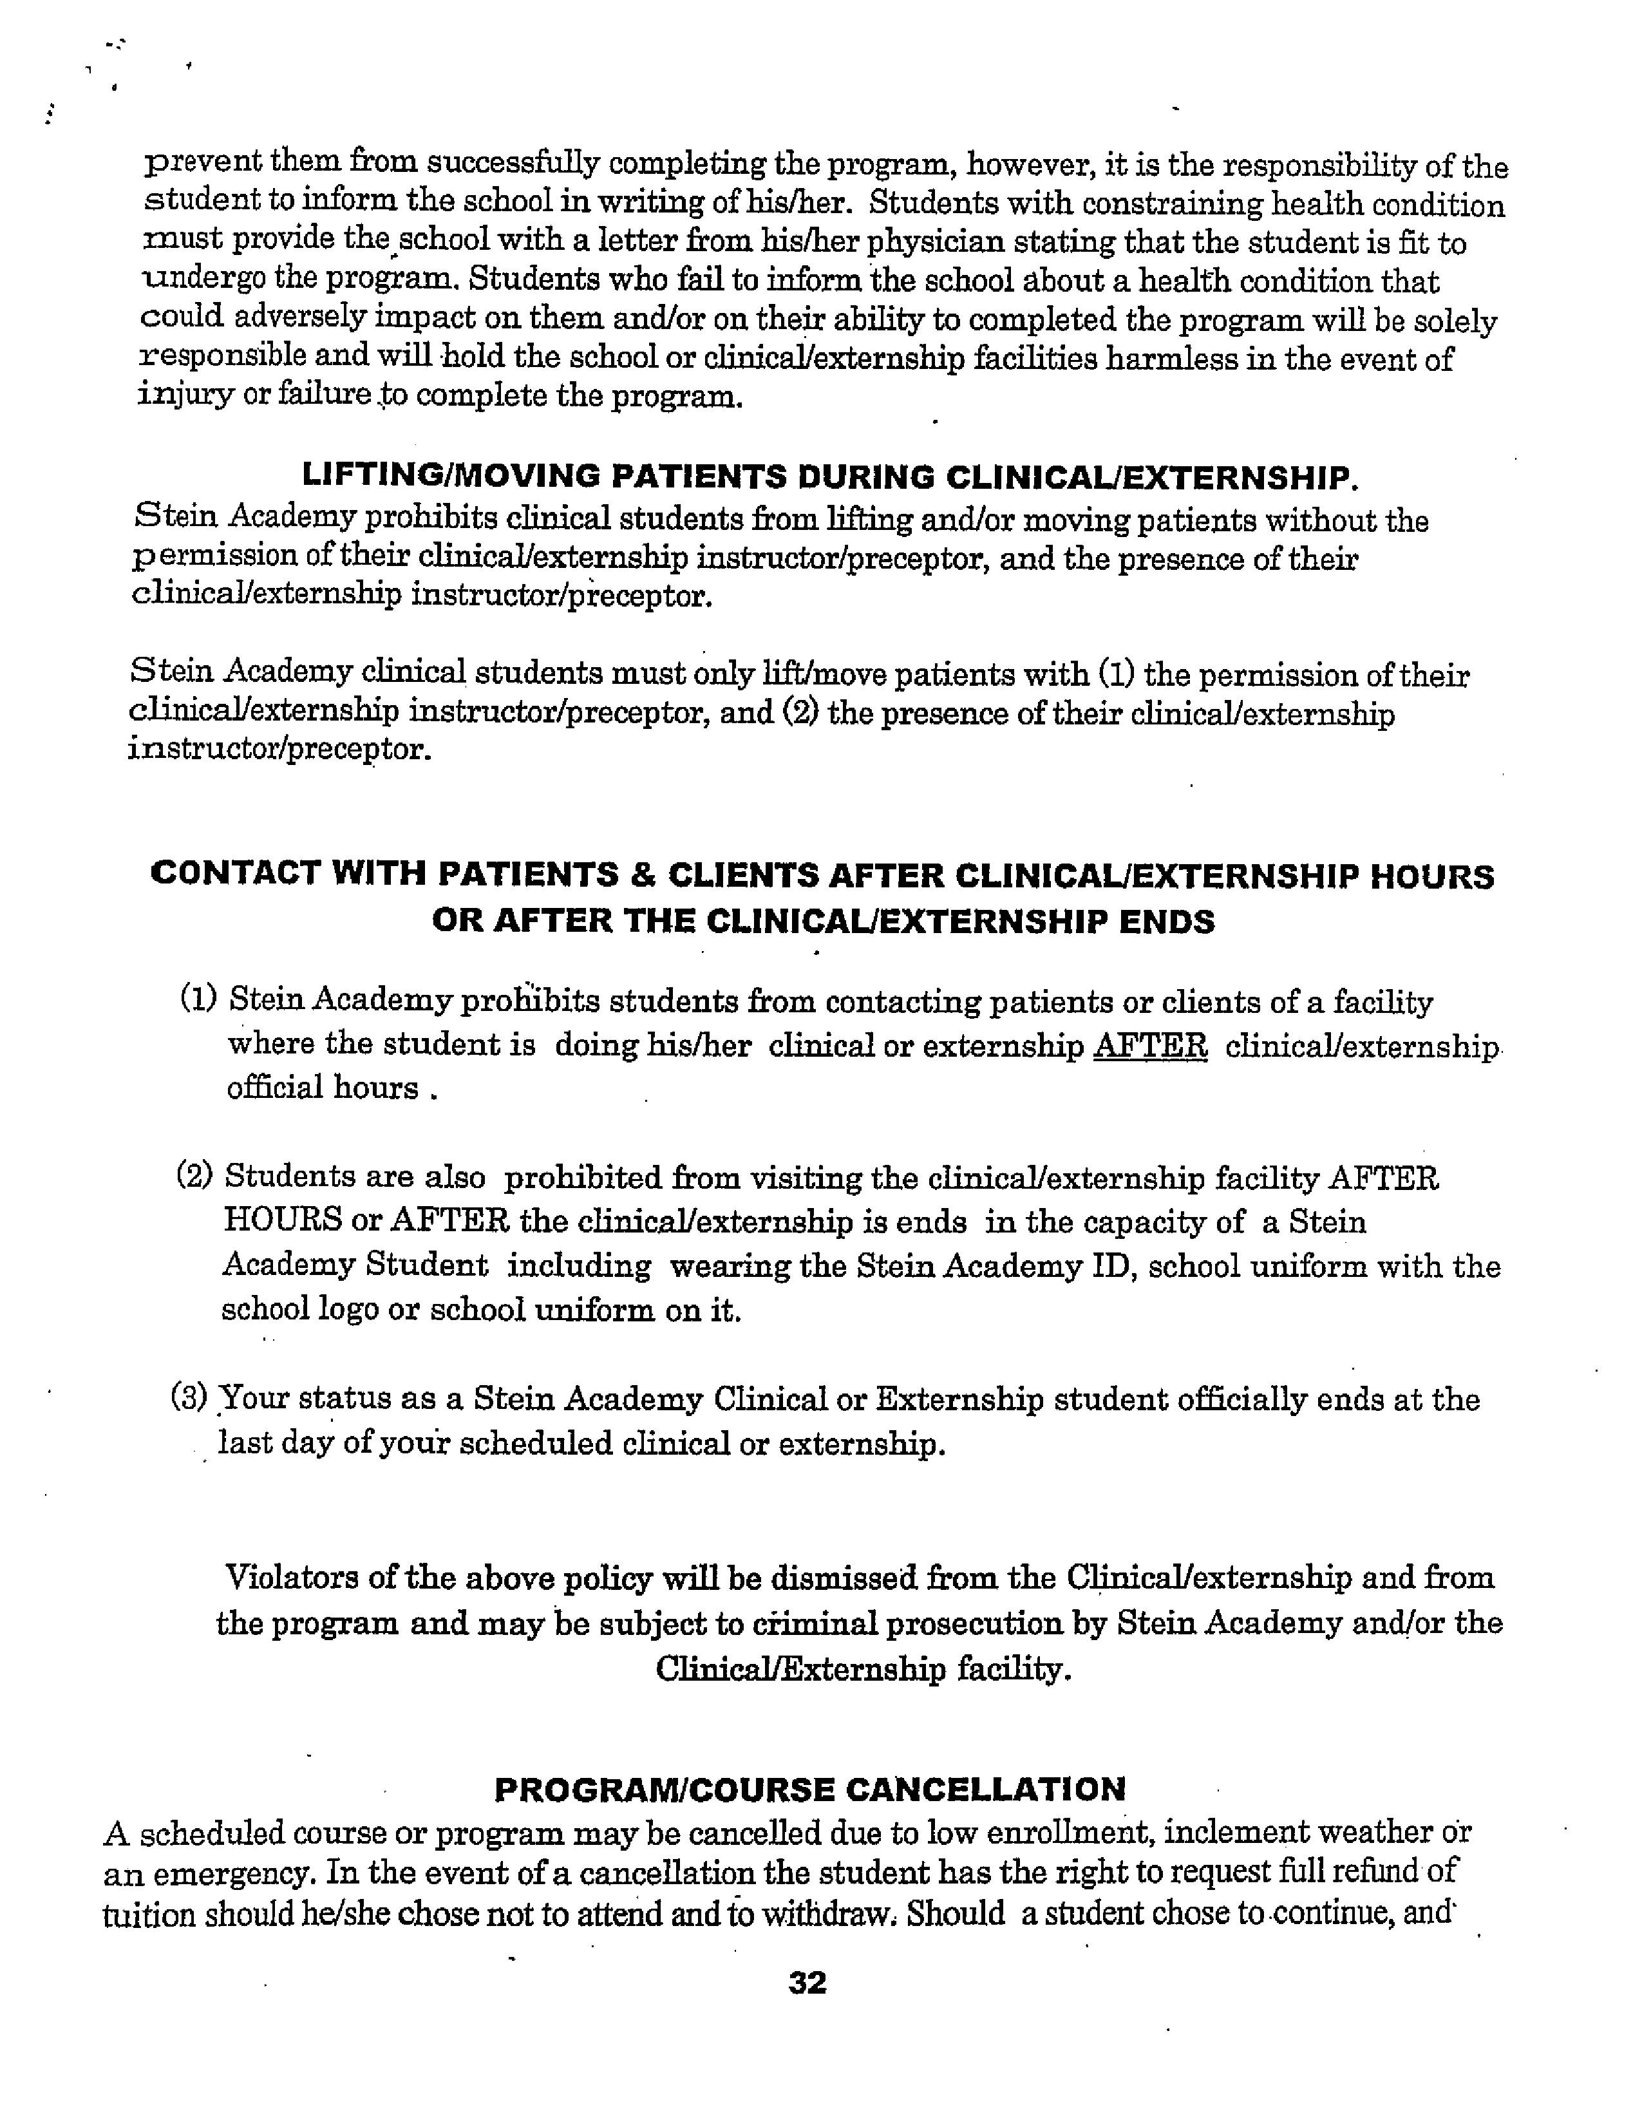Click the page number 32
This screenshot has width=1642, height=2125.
[x=807, y=1983]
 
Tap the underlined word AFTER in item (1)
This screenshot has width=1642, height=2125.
[x=1151, y=1045]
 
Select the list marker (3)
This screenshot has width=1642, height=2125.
[x=189, y=1398]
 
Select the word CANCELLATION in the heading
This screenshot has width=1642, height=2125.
[x=985, y=1788]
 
